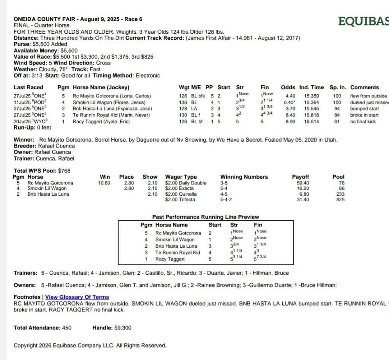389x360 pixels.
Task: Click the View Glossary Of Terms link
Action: click(x=77, y=297)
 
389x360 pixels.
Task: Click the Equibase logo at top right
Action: click(x=363, y=21)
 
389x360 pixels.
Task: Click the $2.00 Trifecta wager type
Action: click(x=180, y=200)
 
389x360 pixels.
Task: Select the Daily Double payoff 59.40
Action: click(x=303, y=183)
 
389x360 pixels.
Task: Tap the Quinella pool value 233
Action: click(x=340, y=194)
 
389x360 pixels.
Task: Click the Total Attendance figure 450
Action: click(x=67, y=328)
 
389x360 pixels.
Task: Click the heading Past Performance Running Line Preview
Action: click(x=205, y=217)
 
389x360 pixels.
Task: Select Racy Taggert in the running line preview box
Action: click(x=170, y=259)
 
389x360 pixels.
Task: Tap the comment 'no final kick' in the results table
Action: click(x=363, y=122)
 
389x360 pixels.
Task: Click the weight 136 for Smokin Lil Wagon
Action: click(x=183, y=102)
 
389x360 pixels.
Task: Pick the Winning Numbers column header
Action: click(x=244, y=177)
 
